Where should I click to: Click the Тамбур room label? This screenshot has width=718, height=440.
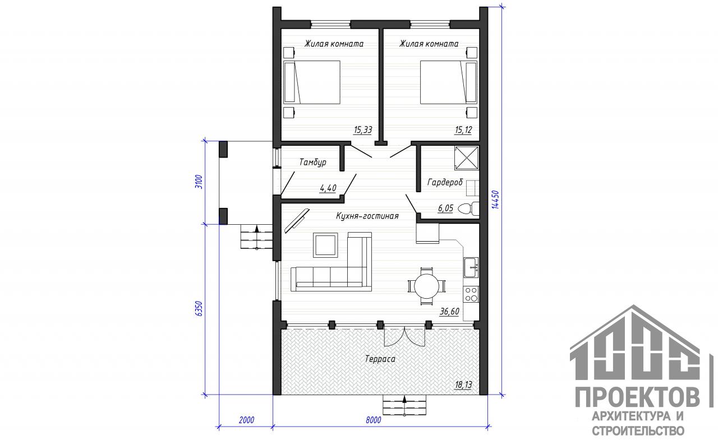point(312,162)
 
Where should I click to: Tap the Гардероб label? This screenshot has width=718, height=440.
point(445,182)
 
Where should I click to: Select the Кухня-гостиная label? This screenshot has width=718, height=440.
point(367,216)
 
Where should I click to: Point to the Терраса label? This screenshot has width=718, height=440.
point(380,359)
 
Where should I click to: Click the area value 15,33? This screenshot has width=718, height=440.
point(363,130)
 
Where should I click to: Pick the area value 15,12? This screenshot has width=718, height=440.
point(463,130)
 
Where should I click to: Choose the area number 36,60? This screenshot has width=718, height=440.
point(449,311)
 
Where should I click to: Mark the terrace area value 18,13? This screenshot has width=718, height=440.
point(463,385)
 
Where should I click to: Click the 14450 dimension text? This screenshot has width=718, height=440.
point(495,200)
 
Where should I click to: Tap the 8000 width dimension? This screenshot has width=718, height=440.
point(374,420)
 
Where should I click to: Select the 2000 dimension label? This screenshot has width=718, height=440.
point(246,420)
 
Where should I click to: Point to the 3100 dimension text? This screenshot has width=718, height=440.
point(199,182)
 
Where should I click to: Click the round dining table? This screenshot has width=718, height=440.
point(427,286)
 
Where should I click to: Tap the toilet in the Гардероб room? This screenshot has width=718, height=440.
point(468,209)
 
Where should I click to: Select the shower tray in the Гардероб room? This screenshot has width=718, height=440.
point(466,158)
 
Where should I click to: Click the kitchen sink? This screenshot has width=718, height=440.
point(471,267)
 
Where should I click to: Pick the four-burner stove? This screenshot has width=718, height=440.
point(471,294)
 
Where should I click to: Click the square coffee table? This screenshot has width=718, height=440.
point(325,246)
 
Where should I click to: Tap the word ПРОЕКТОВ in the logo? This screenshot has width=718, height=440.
point(638,397)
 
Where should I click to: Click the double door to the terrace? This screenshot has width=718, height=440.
point(404,336)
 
